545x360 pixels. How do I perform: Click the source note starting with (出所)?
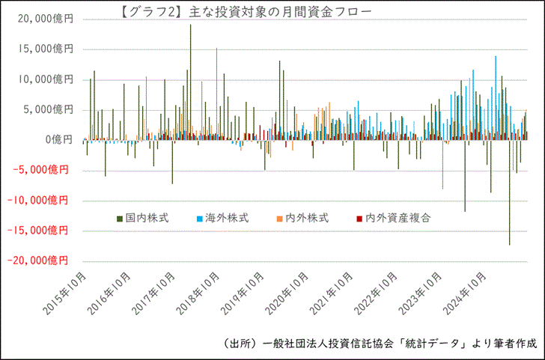pos(380,344)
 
